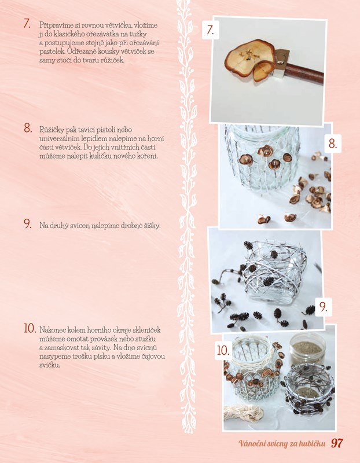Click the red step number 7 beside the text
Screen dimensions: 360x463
click(27, 24)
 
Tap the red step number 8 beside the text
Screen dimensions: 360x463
click(28, 128)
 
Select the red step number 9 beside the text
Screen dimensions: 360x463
click(28, 224)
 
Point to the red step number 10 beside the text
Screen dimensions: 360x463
click(30, 328)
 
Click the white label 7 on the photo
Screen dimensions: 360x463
click(210, 30)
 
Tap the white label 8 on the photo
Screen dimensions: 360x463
click(333, 144)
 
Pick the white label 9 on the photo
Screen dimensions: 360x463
click(324, 307)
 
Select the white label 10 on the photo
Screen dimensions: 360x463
click(223, 351)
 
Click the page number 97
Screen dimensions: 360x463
click(337, 443)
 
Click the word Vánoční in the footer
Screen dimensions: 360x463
click(250, 443)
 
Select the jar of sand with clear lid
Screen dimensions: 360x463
click(307, 350)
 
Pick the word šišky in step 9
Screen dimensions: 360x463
click(153, 226)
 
